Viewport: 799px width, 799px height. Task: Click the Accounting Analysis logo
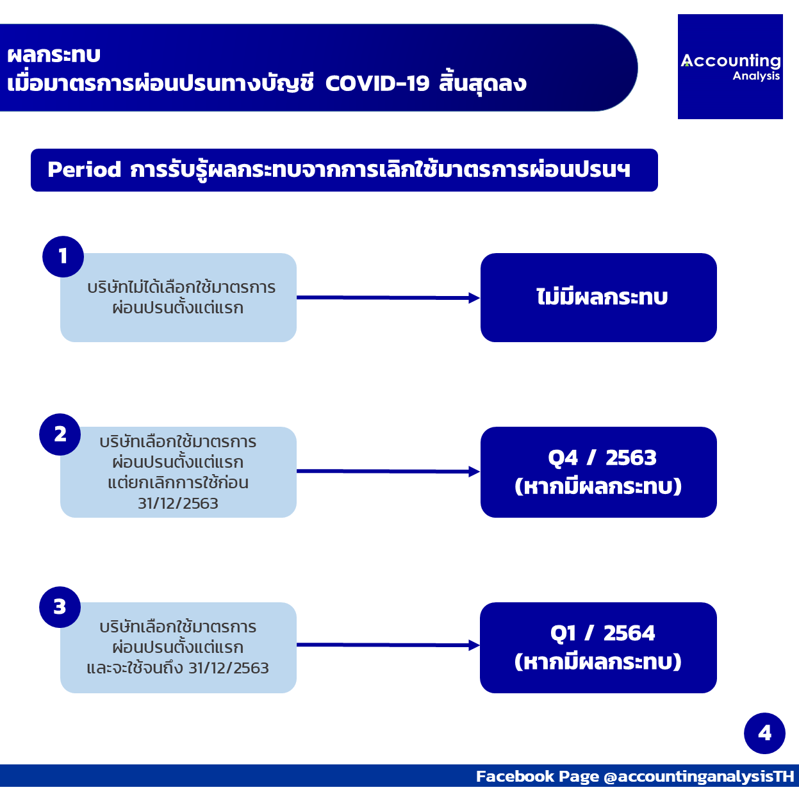pyautogui.click(x=730, y=67)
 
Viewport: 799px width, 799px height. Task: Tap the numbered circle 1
pyautogui.click(x=63, y=257)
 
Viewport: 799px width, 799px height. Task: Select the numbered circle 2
pyautogui.click(x=60, y=434)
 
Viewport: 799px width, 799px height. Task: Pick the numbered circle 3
pyautogui.click(x=60, y=607)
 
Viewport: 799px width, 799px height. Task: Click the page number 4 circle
pyautogui.click(x=764, y=733)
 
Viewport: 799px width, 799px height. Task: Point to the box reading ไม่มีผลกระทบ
pyautogui.click(x=598, y=297)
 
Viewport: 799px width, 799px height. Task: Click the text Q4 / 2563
pyautogui.click(x=602, y=457)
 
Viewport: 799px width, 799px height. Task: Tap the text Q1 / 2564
pyautogui.click(x=602, y=633)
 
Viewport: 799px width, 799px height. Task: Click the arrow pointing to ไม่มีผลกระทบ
pyautogui.click(x=388, y=298)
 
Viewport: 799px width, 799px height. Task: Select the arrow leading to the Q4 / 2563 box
pyautogui.click(x=388, y=472)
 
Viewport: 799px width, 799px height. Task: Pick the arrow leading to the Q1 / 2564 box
pyautogui.click(x=388, y=645)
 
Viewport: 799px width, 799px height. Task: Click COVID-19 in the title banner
pyautogui.click(x=377, y=83)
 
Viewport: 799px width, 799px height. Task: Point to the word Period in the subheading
pyautogui.click(x=84, y=169)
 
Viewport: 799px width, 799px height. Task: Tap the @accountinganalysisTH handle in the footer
pyautogui.click(x=698, y=776)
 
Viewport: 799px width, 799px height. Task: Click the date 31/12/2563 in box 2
pyautogui.click(x=178, y=504)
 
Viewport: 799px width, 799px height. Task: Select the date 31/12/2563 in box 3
pyautogui.click(x=229, y=668)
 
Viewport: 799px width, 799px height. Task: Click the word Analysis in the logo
pyautogui.click(x=756, y=76)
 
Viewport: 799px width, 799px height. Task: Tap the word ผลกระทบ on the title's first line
pyautogui.click(x=54, y=54)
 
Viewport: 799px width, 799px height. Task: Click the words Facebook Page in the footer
pyautogui.click(x=538, y=776)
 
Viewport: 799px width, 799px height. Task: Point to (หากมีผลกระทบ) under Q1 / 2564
pyautogui.click(x=598, y=661)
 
